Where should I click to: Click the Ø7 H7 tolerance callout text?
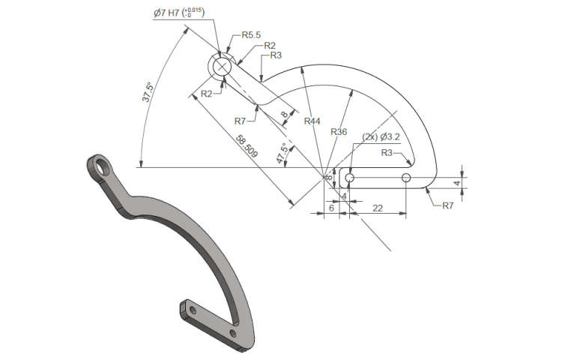point(179,13)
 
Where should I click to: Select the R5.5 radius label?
point(251,35)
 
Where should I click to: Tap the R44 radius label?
point(312,121)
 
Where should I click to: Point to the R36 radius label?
point(339,132)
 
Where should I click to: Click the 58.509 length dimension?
point(247,146)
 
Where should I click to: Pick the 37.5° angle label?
point(148,92)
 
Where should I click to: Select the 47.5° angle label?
point(282,154)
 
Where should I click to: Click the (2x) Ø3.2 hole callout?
point(381,137)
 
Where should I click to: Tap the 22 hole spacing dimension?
point(378,208)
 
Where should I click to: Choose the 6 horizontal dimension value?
point(331,208)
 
